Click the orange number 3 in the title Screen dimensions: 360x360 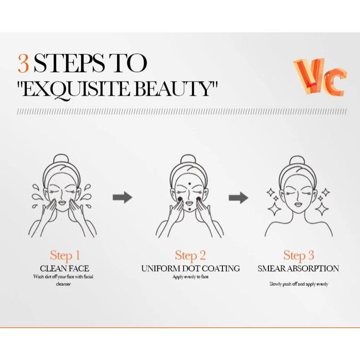(x=23, y=63)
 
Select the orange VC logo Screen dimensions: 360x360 (x=320, y=77)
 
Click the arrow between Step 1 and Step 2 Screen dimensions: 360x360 (x=123, y=197)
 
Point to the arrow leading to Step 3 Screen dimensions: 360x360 (x=238, y=197)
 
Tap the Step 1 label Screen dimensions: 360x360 (x=65, y=256)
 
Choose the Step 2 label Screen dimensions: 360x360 (x=190, y=256)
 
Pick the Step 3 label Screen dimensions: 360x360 (x=298, y=256)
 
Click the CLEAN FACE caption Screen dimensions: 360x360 (x=65, y=268)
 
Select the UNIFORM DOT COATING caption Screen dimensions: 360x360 (x=190, y=268)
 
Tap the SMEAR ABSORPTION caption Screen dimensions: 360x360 (x=298, y=268)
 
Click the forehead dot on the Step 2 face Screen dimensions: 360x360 (x=190, y=184)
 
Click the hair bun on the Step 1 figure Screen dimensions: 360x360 (x=61, y=159)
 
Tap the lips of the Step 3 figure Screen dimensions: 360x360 (x=298, y=204)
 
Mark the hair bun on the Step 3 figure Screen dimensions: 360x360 (x=297, y=161)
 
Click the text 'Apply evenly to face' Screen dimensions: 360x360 (x=190, y=277)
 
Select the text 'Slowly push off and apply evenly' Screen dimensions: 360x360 (x=298, y=284)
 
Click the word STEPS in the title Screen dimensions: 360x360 (x=69, y=63)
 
